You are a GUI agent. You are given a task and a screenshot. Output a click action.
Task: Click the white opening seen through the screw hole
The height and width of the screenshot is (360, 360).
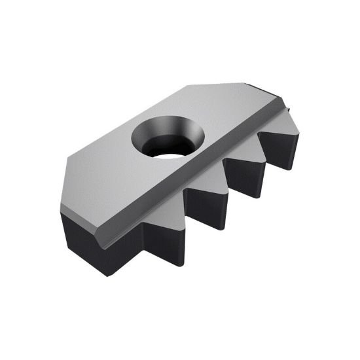click(x=170, y=150)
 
